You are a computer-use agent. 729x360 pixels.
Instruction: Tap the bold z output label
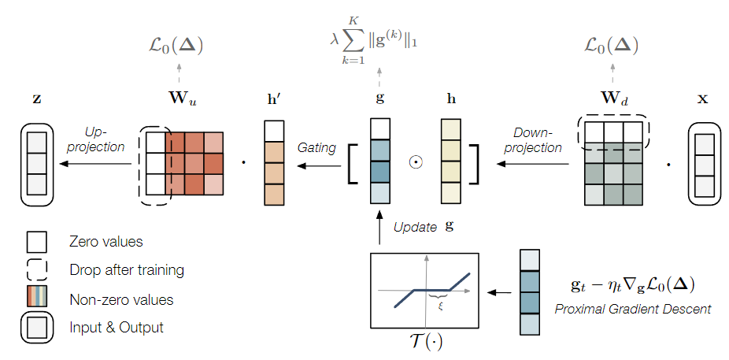[x=37, y=101]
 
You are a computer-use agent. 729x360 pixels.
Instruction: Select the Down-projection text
[x=537, y=139]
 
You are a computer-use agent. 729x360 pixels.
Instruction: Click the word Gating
[x=316, y=147]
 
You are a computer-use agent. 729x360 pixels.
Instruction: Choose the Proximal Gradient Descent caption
[x=632, y=309]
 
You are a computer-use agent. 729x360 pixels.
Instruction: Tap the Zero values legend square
[x=37, y=241]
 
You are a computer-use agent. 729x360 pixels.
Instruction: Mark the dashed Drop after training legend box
[x=37, y=270]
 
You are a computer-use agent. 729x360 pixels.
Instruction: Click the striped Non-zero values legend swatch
[x=37, y=299]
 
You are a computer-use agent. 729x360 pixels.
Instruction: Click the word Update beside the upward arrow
[x=416, y=227]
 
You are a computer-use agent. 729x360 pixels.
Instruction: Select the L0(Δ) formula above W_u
[x=178, y=46]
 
